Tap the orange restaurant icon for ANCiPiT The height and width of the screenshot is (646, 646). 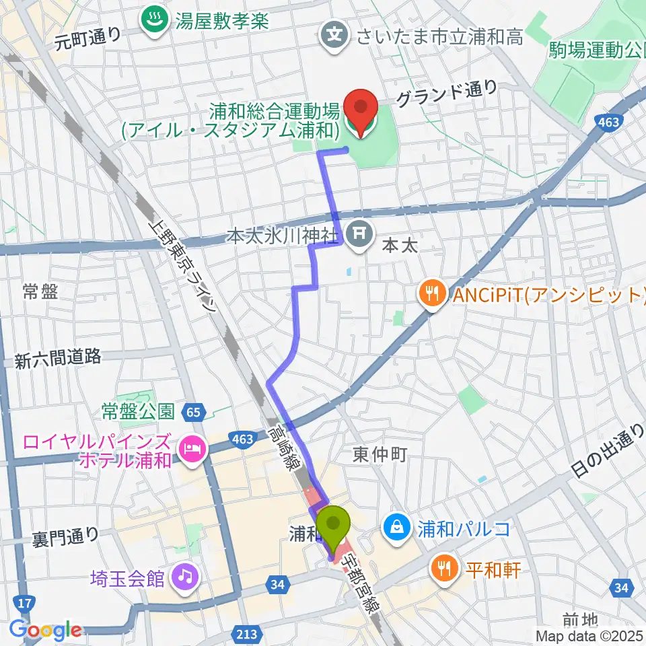point(431,293)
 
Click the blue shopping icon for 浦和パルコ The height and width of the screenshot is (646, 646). point(397,526)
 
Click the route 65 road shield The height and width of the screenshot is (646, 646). point(194,411)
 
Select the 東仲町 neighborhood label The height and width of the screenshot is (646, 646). point(380,456)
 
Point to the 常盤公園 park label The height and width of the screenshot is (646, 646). point(139,410)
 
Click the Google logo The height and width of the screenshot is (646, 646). point(45,631)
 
